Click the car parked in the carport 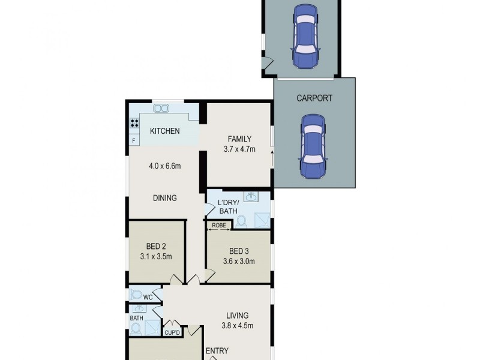[314, 147]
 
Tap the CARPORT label [314, 98]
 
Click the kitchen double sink [161, 109]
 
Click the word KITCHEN [164, 131]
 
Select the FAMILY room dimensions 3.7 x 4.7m [239, 149]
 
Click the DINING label [164, 198]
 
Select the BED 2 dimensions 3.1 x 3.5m [155, 257]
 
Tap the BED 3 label [239, 251]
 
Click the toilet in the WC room [136, 295]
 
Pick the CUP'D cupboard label [172, 332]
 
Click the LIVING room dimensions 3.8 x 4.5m [238, 327]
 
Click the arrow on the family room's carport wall [272, 160]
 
